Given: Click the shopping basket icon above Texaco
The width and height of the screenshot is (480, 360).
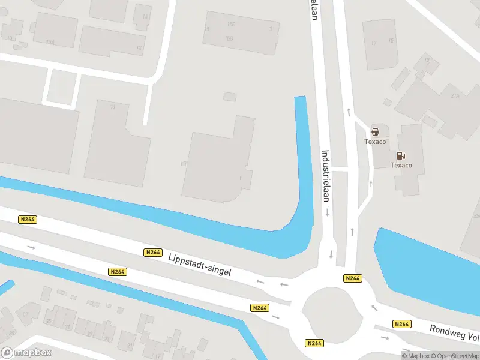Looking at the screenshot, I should tap(375, 132).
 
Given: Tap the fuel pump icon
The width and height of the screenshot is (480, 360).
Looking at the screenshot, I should tap(401, 156).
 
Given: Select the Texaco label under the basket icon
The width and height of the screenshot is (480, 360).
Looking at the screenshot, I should tap(375, 142).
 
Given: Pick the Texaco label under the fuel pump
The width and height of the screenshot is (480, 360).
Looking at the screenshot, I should tap(401, 165).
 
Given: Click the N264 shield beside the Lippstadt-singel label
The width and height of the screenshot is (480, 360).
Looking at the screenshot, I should tap(153, 253).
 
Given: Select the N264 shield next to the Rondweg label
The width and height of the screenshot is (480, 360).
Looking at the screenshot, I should tap(401, 324).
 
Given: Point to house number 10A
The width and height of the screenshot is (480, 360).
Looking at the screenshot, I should tap(50, 43).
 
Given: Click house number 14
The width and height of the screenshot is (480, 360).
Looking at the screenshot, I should tap(145, 17).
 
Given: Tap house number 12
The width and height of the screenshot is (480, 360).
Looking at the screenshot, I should tap(139, 48).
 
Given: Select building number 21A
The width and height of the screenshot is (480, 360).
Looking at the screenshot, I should tap(455, 95).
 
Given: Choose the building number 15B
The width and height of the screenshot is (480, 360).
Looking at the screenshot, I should tap(229, 38).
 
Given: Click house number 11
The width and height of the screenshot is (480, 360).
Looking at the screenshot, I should tap(112, 107).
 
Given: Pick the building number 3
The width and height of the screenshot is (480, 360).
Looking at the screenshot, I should tap(271, 28).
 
